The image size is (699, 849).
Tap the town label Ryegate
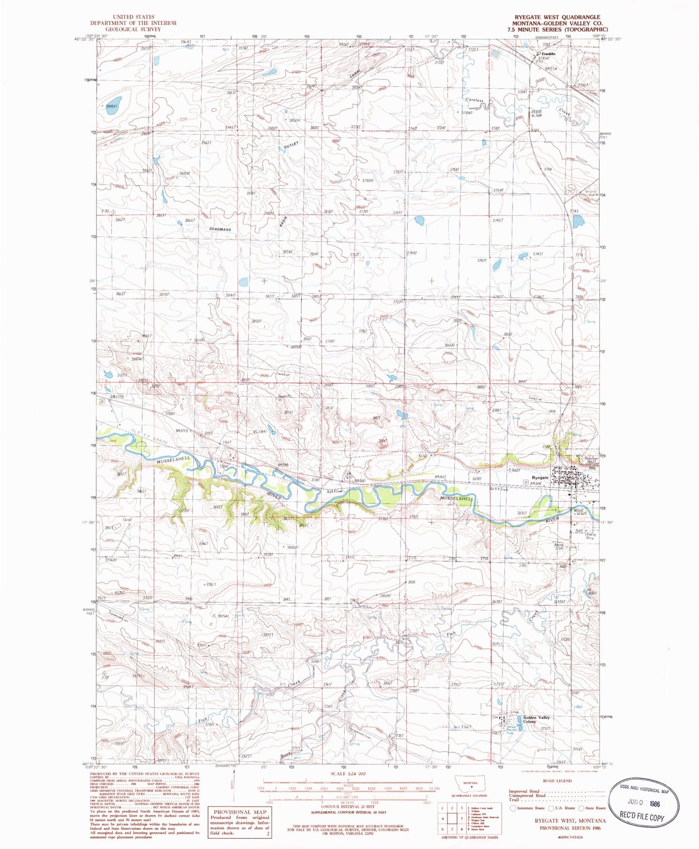[540, 477]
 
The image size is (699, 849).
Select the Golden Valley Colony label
[536, 719]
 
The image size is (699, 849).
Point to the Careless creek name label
[474, 100]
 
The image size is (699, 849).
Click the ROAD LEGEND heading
[558, 780]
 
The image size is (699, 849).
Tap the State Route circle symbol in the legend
[582, 807]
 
